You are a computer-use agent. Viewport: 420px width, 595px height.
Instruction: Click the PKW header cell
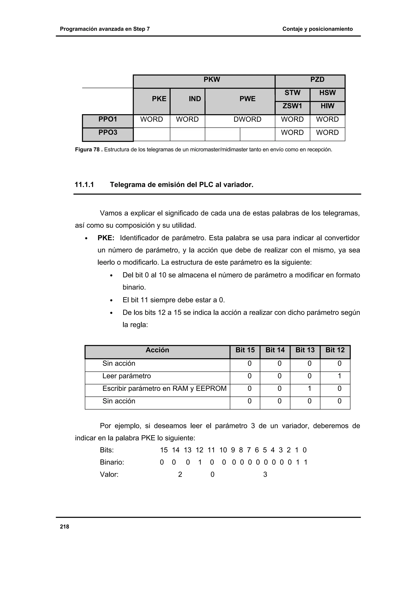pos(211,79)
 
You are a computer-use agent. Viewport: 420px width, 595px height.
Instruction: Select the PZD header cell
pos(317,79)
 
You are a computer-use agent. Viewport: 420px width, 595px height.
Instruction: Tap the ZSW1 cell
pos(292,106)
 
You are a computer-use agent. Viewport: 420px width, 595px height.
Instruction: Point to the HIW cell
pos(327,106)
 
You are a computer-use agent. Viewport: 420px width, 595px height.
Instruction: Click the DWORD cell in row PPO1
pos(247,119)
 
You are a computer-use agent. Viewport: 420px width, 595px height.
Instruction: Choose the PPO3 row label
pos(108,133)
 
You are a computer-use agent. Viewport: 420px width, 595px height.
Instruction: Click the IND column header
pos(195,99)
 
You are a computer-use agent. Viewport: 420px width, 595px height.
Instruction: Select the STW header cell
pos(292,93)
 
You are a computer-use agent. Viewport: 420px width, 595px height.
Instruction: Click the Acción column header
pos(157,350)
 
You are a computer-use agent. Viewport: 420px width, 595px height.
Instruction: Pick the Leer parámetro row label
pos(127,376)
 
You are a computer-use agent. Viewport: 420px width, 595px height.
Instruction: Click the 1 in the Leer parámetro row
pos(339,376)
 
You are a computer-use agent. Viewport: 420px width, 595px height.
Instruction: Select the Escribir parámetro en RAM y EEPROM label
pos(164,388)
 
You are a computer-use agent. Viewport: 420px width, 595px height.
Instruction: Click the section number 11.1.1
pos(84,185)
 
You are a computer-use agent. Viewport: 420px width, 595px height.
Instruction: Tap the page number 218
pos(64,527)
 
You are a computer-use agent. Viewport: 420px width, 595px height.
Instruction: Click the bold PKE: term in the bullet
pos(106,238)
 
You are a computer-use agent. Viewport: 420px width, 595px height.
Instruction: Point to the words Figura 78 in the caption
pos(87,150)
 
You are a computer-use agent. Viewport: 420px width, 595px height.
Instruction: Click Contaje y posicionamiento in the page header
pos(317,29)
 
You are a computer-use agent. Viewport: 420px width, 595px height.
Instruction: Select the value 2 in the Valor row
pos(180,474)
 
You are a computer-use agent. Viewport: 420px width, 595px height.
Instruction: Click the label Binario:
pos(112,462)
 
